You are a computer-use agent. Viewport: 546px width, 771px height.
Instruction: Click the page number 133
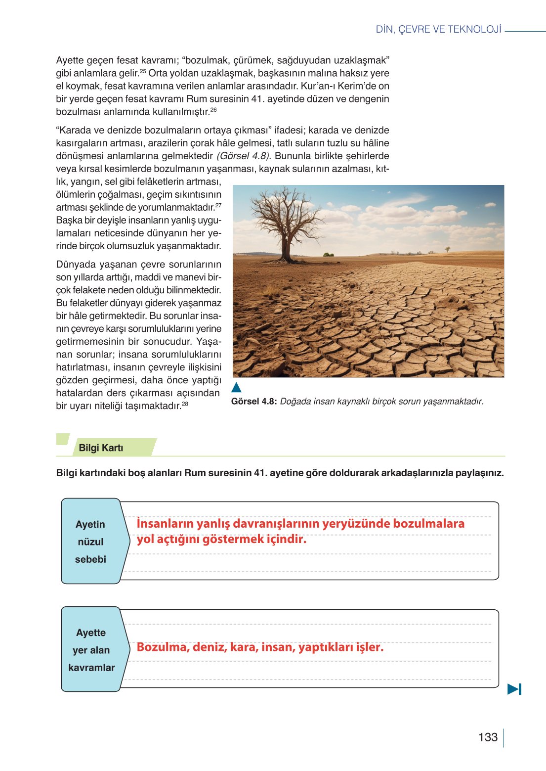(488, 737)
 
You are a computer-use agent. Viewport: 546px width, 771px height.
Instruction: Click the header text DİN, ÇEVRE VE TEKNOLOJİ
(438, 29)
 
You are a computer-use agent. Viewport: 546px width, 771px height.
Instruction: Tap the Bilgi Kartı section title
(101, 448)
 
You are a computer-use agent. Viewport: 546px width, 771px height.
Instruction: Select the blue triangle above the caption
(236, 387)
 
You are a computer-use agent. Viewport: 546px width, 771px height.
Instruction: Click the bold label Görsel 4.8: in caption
(254, 402)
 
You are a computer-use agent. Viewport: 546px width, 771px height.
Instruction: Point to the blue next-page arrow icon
(514, 689)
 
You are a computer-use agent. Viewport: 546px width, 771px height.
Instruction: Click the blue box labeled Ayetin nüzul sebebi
(90, 542)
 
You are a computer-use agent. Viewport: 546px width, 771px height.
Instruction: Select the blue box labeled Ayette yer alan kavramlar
(91, 650)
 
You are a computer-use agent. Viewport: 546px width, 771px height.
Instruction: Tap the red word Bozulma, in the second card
(163, 647)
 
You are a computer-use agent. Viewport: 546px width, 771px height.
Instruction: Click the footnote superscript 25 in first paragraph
(143, 71)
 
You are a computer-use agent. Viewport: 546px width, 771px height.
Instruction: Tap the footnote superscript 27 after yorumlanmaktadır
(218, 205)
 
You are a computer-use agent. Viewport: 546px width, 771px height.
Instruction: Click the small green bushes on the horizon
(328, 254)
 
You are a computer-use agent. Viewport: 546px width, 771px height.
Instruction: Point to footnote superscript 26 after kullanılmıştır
(213, 110)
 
